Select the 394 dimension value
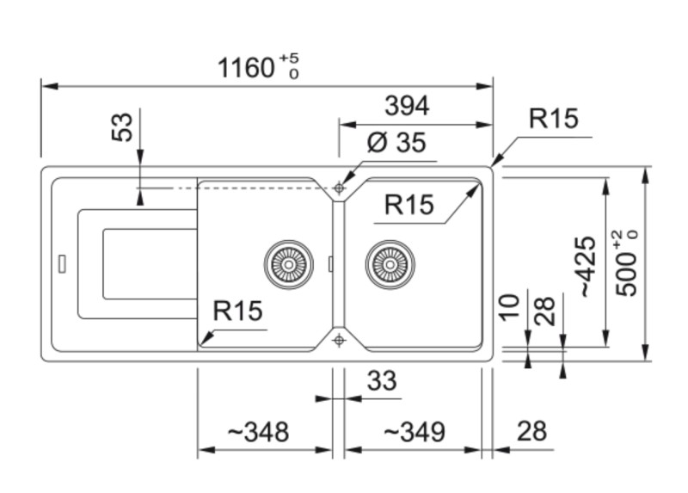[x=406, y=106]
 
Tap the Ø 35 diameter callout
[x=396, y=143]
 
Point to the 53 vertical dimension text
[x=124, y=128]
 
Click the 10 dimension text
[x=510, y=309]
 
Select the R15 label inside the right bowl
[x=408, y=205]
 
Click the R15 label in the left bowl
[x=237, y=311]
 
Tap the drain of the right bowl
[x=390, y=263]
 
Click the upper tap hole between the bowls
[x=339, y=187]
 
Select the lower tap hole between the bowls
[x=339, y=340]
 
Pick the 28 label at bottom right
[x=532, y=431]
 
